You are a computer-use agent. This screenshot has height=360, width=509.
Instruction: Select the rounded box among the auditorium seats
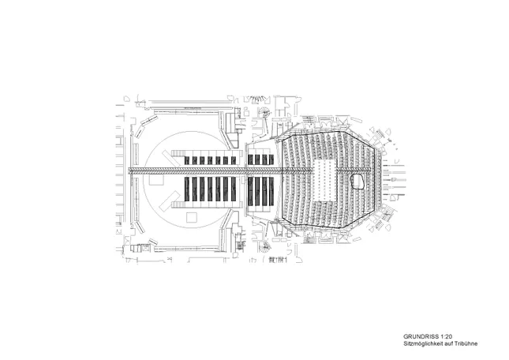(x=360, y=181)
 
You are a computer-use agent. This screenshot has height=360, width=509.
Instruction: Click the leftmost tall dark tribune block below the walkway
(x=189, y=189)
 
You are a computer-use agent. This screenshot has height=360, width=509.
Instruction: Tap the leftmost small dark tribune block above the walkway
(x=189, y=160)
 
